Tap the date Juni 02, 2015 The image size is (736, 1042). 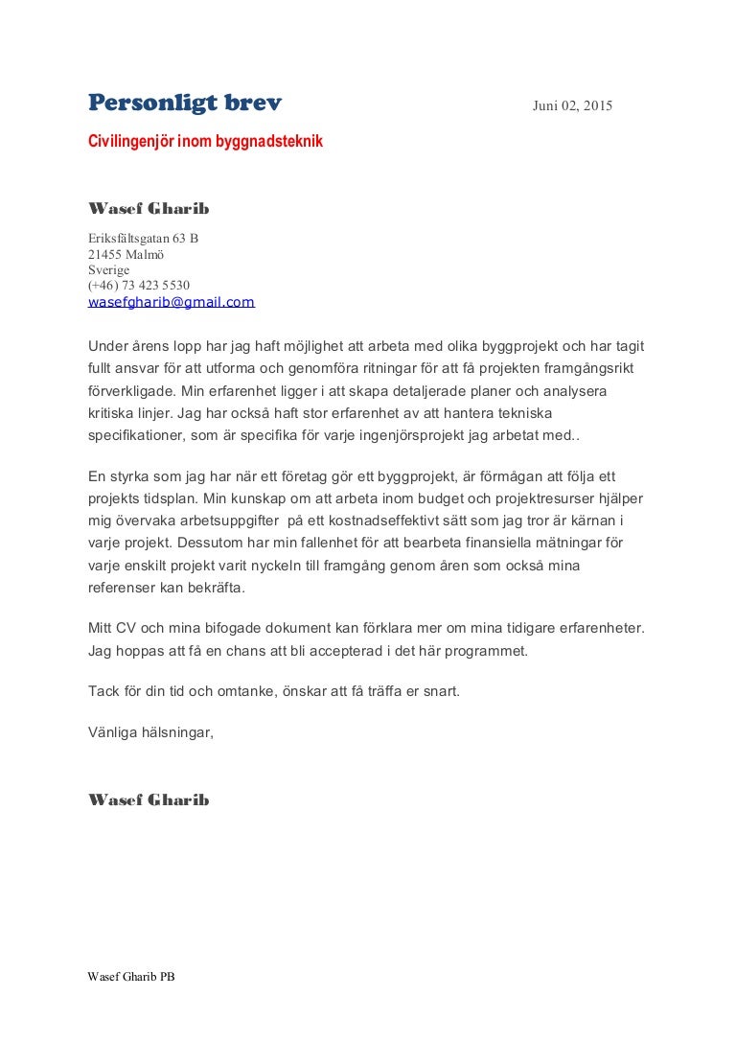(572, 105)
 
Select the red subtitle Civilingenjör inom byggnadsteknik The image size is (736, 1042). (205, 142)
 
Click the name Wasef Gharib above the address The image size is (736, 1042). (148, 209)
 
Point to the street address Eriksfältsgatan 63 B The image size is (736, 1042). (143, 239)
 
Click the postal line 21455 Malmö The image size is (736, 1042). (126, 254)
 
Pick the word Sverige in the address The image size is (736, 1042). (108, 269)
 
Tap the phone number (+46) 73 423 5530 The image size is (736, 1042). (138, 285)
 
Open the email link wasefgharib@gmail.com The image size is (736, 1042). (171, 301)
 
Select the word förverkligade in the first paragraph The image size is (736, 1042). (129, 391)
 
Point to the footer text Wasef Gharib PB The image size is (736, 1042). (131, 978)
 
